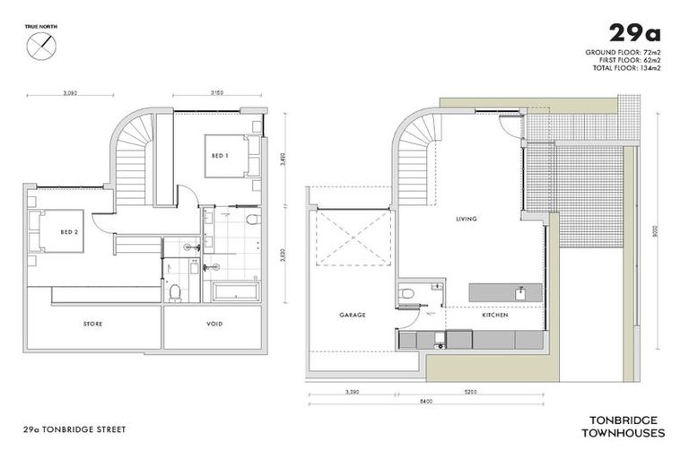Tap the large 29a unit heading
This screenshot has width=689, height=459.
click(x=634, y=34)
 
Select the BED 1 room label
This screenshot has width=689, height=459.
click(x=219, y=155)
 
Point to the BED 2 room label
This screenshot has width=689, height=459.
click(x=68, y=231)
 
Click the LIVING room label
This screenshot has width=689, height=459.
click(x=466, y=219)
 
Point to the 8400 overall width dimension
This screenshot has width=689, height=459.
click(x=425, y=402)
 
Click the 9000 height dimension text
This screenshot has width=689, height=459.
click(x=657, y=229)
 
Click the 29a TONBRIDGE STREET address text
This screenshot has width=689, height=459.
click(x=76, y=430)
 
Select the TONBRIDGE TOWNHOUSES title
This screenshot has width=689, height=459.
click(x=626, y=425)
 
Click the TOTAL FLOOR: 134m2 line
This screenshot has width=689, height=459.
click(x=626, y=69)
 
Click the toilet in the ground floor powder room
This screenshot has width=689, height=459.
click(x=408, y=292)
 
